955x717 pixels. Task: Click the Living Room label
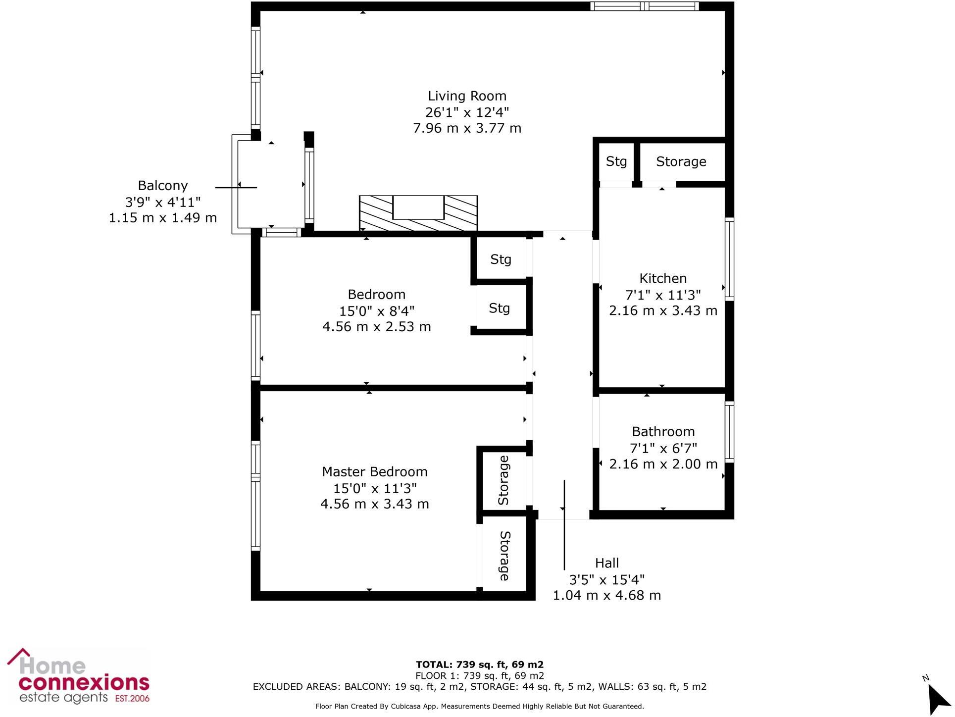(467, 96)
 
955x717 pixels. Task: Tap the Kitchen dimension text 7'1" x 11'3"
(662, 295)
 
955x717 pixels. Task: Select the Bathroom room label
(663, 432)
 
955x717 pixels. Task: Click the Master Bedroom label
(374, 472)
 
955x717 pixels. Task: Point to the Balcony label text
(162, 186)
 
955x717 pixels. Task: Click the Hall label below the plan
(606, 563)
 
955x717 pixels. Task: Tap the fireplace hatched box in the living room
(418, 213)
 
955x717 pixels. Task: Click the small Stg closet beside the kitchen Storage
(616, 162)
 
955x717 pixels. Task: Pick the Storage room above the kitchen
(681, 162)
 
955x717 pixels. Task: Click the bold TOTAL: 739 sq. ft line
(479, 665)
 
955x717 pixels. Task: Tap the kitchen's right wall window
(729, 259)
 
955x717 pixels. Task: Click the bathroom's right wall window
(729, 432)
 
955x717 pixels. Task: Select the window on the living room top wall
(644, 6)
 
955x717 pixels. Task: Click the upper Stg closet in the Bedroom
(501, 259)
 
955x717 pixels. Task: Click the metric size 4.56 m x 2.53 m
(376, 327)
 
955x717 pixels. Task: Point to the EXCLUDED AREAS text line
(479, 687)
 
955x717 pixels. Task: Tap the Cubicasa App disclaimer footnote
(479, 707)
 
